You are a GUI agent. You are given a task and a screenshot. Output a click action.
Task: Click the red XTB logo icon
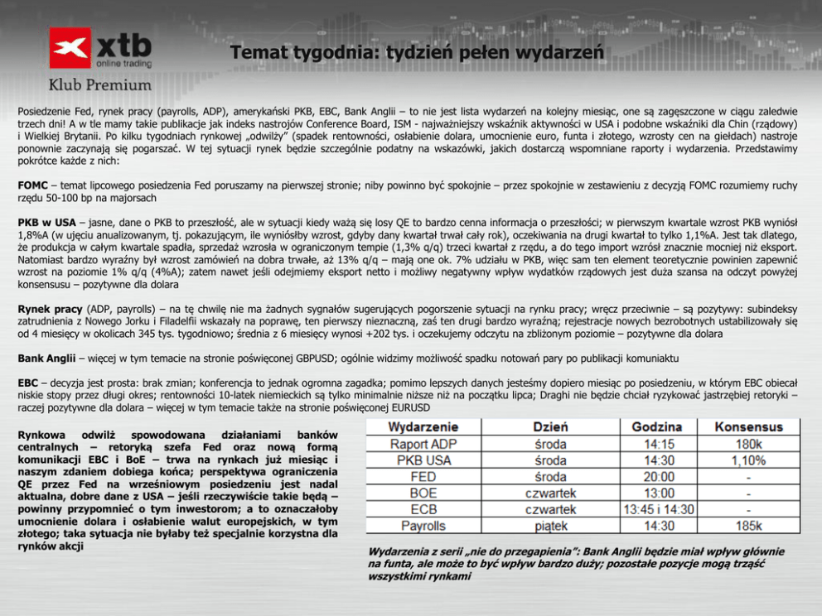pyautogui.click(x=70, y=48)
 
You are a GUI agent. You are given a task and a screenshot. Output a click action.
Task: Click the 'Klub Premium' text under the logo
pyautogui.click(x=100, y=84)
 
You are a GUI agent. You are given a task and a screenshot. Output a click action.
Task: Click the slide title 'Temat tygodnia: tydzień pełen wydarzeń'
pyautogui.click(x=417, y=53)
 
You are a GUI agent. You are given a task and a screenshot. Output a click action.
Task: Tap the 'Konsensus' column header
pyautogui.click(x=748, y=427)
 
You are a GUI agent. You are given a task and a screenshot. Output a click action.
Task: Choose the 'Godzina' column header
pyautogui.click(x=657, y=427)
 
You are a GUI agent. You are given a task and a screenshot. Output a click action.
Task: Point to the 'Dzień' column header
pyautogui.click(x=550, y=427)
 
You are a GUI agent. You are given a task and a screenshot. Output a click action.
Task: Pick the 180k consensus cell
pyautogui.click(x=748, y=444)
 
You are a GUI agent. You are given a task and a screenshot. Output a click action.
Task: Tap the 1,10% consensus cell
pyautogui.click(x=748, y=460)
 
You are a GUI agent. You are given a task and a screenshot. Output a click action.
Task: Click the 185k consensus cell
pyautogui.click(x=748, y=526)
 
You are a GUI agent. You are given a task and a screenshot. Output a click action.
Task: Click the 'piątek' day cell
pyautogui.click(x=550, y=526)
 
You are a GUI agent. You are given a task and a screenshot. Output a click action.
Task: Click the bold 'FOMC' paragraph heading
pyautogui.click(x=32, y=185)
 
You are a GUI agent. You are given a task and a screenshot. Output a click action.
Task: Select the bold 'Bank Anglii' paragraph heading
pyautogui.click(x=46, y=359)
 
